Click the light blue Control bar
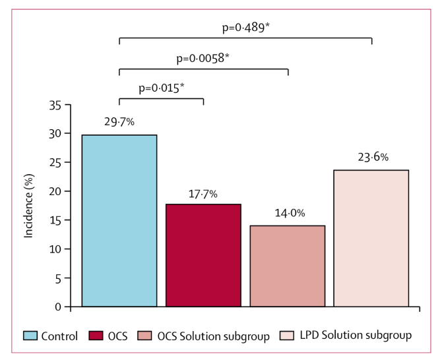point(119,221)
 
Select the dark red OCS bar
point(203,255)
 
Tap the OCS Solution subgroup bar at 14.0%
point(288,266)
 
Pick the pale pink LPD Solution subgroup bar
point(371,238)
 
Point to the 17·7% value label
point(203,193)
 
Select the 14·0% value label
point(288,214)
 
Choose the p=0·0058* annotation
point(203,59)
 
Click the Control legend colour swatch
point(30,336)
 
